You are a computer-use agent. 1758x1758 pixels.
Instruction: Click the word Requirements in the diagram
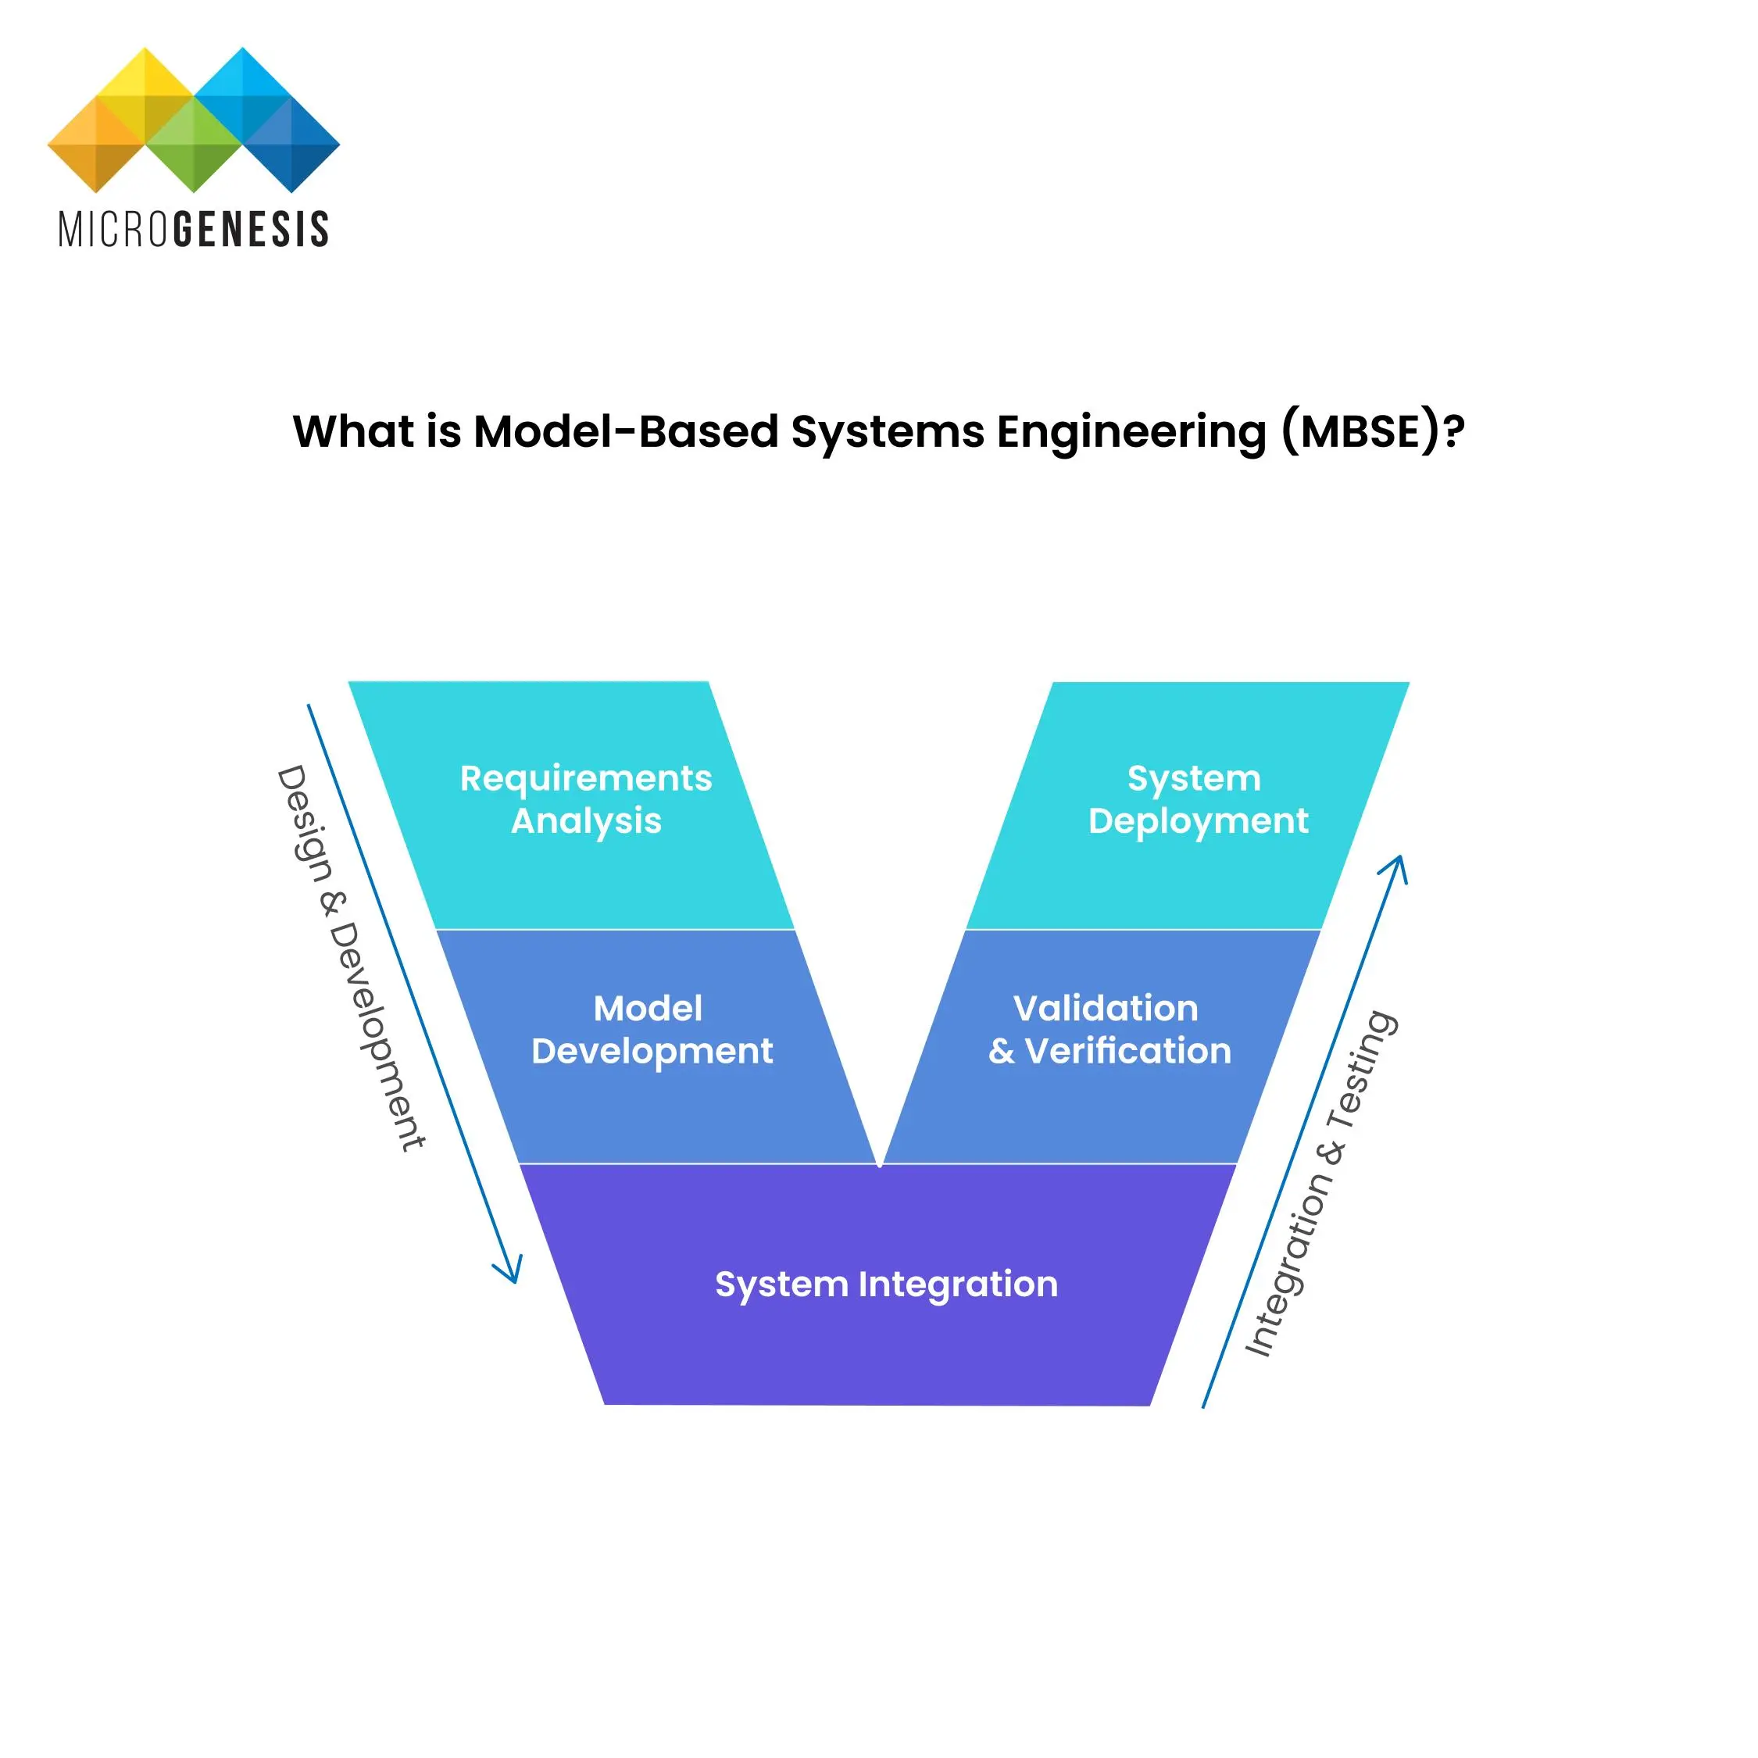click(585, 778)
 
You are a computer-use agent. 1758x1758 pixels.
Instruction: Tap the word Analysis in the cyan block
click(586, 820)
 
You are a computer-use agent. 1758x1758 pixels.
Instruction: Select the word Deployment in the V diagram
click(1198, 820)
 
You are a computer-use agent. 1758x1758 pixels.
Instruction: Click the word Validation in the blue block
click(1105, 1008)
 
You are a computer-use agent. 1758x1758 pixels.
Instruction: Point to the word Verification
click(1127, 1051)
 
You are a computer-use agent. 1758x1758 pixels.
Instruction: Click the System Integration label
click(885, 1284)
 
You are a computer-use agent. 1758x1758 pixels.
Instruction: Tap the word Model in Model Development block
click(647, 1008)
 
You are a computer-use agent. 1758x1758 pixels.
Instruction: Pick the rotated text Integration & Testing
click(1320, 1183)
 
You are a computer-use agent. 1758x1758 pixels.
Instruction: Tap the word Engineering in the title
click(1131, 431)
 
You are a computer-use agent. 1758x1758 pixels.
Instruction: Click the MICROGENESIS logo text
click(193, 229)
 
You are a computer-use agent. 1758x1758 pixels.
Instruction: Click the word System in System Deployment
click(1194, 778)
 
